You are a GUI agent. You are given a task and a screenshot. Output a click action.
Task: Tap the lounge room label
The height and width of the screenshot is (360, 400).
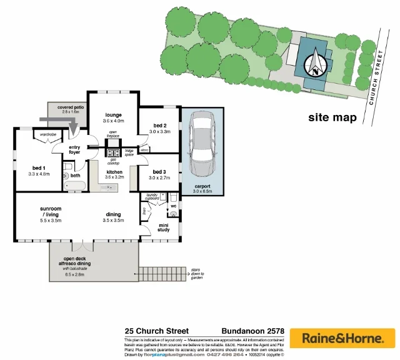click(113, 115)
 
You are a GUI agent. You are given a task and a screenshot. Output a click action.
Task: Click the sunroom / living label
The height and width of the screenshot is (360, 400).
click(52, 214)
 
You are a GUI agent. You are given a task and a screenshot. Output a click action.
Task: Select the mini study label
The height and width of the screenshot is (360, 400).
click(164, 227)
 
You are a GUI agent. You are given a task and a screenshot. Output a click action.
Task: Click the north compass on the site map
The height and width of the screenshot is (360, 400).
click(316, 62)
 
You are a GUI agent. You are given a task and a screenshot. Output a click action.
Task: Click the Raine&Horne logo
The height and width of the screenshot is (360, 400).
click(344, 338)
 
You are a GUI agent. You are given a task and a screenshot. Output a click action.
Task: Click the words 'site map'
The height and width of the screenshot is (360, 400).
click(332, 117)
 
